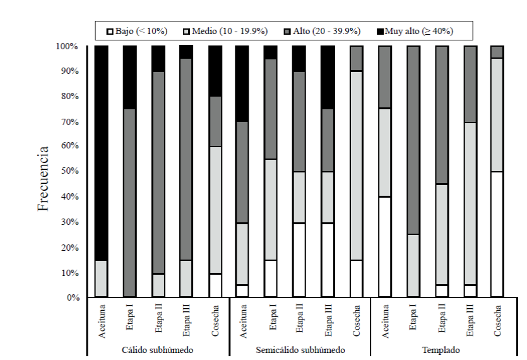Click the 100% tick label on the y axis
[x=66, y=46]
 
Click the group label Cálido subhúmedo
[x=158, y=349]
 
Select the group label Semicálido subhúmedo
[x=300, y=349]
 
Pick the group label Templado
[x=441, y=349]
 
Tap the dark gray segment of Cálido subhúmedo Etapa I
[x=129, y=203]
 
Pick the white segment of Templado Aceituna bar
[x=384, y=246]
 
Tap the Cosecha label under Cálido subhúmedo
[x=215, y=321]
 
